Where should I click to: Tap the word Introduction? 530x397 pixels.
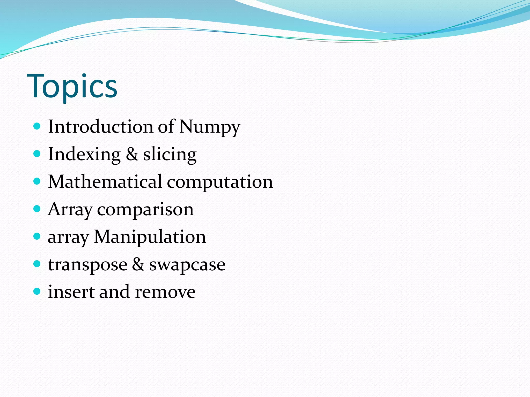pyautogui.click(x=101, y=127)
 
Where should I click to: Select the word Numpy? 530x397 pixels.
pyautogui.click(x=210, y=127)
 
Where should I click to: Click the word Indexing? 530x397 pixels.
pyautogui.click(x=84, y=155)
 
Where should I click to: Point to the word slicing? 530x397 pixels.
pyautogui.click(x=170, y=155)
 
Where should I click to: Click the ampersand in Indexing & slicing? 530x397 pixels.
pyautogui.click(x=132, y=154)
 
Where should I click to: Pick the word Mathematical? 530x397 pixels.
pyautogui.click(x=105, y=181)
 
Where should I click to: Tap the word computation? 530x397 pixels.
pyautogui.click(x=220, y=182)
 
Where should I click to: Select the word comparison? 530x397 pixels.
pyautogui.click(x=145, y=210)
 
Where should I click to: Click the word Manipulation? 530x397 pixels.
pyautogui.click(x=150, y=237)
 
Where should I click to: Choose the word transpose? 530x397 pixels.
pyautogui.click(x=87, y=265)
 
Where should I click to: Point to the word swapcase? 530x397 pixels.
pyautogui.click(x=187, y=265)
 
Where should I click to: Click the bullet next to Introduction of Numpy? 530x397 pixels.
pyautogui.click(x=37, y=126)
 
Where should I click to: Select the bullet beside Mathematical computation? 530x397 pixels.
pyautogui.click(x=37, y=181)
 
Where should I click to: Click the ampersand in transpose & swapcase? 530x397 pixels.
pyautogui.click(x=138, y=264)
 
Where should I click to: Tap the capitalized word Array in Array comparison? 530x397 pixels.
pyautogui.click(x=70, y=210)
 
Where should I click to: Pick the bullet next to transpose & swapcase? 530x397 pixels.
pyautogui.click(x=37, y=264)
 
